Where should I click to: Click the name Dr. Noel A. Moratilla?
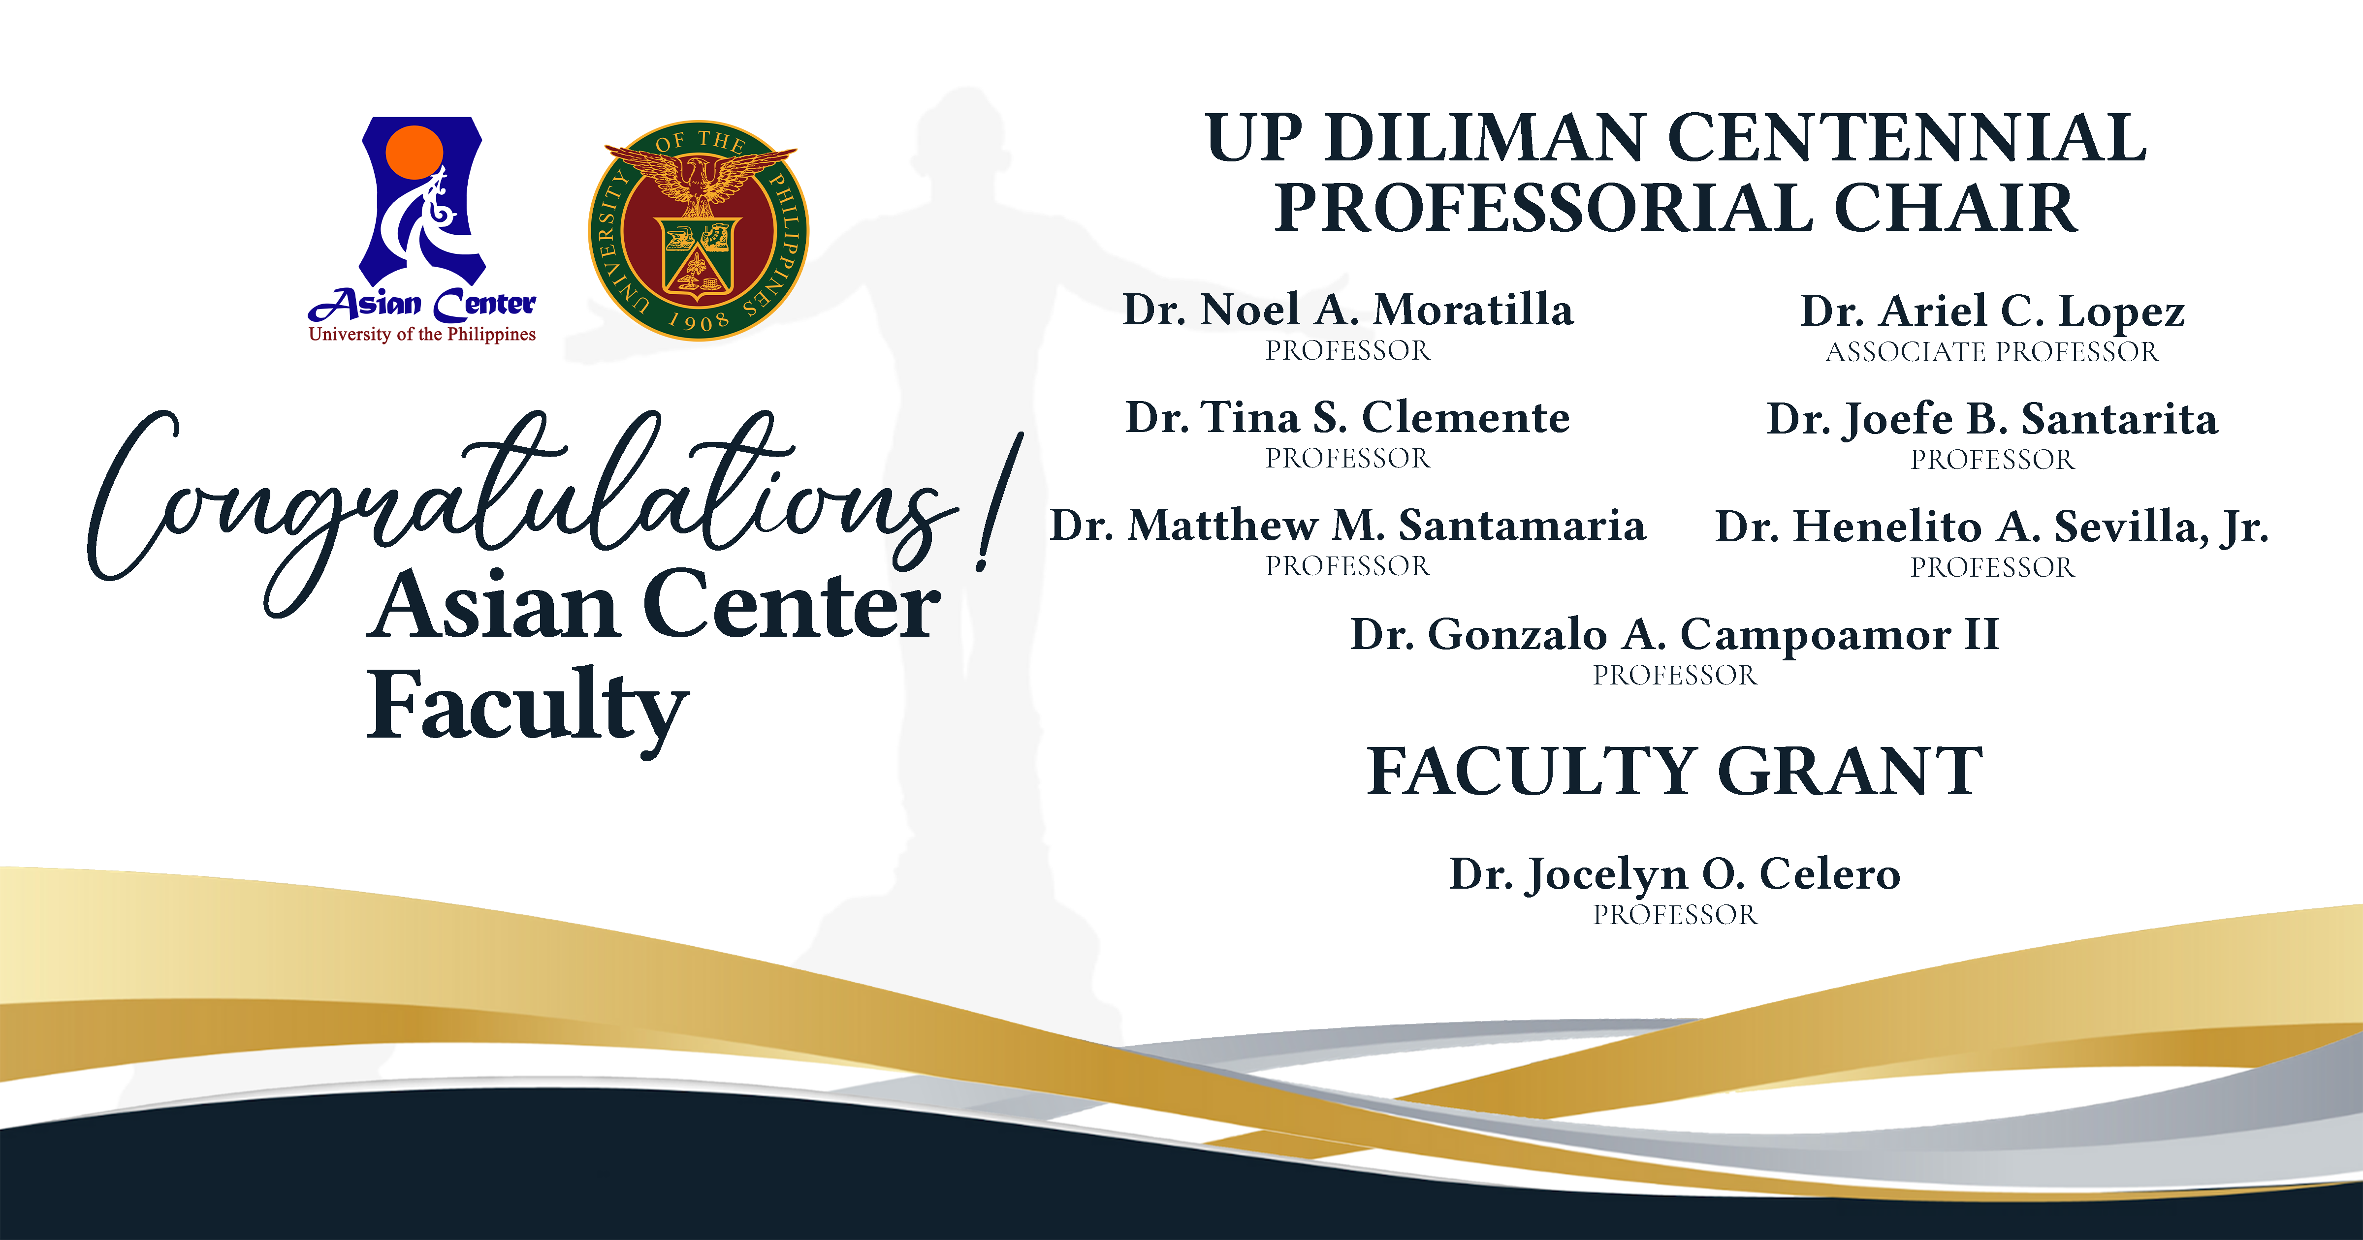pyautogui.click(x=1347, y=310)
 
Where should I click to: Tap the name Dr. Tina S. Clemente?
pyautogui.click(x=1347, y=418)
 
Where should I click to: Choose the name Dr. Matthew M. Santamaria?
pyautogui.click(x=1347, y=526)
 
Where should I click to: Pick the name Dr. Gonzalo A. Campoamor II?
pyautogui.click(x=1674, y=635)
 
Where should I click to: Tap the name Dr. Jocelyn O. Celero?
pyautogui.click(x=1674, y=874)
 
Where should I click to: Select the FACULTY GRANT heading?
pyautogui.click(x=1674, y=772)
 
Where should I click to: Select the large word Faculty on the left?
pyautogui.click(x=527, y=706)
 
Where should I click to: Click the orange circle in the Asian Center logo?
pyautogui.click(x=415, y=152)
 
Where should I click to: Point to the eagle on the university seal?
pyautogui.click(x=699, y=179)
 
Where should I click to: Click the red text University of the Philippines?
pyautogui.click(x=422, y=335)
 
